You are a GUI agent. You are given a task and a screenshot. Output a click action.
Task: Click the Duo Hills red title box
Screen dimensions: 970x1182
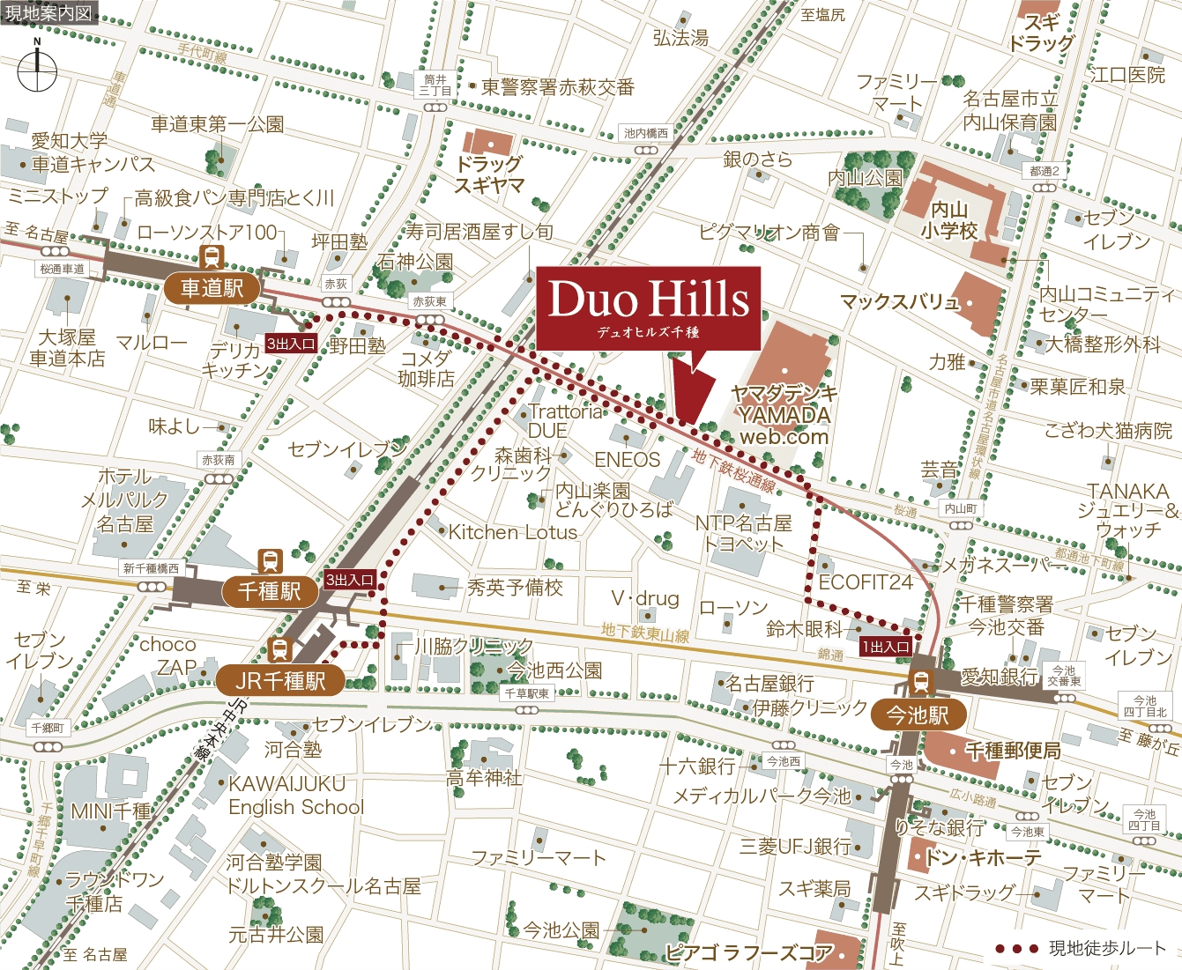pyautogui.click(x=648, y=307)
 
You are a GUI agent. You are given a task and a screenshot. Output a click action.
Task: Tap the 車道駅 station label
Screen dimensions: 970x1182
pyautogui.click(x=212, y=287)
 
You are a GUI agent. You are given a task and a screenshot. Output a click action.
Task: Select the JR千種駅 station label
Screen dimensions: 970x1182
pyautogui.click(x=280, y=680)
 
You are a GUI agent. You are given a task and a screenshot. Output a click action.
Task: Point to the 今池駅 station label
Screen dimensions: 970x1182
pyautogui.click(x=918, y=715)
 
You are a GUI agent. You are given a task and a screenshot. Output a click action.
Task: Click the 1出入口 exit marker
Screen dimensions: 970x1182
pyautogui.click(x=886, y=647)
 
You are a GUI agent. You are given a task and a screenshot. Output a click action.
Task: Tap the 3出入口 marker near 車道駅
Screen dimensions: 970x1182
pyautogui.click(x=291, y=344)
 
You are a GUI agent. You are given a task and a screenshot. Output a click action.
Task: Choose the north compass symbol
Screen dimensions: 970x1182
pyautogui.click(x=37, y=69)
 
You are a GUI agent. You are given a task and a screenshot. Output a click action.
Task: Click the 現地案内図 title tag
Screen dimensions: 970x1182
pyautogui.click(x=48, y=13)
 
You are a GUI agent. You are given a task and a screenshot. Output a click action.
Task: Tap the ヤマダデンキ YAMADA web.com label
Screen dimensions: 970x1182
pyautogui.click(x=784, y=414)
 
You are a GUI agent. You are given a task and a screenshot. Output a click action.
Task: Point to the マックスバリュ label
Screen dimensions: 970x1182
pyautogui.click(x=898, y=302)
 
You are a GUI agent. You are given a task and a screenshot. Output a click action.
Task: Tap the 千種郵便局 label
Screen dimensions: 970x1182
pyautogui.click(x=1013, y=751)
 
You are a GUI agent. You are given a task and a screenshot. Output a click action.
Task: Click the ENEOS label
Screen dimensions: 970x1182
pyautogui.click(x=627, y=459)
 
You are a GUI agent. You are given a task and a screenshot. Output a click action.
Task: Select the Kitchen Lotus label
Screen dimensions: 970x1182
pyautogui.click(x=512, y=532)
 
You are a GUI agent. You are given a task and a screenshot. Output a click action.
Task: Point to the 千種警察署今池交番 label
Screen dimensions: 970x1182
pyautogui.click(x=1006, y=615)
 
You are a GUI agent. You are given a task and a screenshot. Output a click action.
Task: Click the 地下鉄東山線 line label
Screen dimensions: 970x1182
pyautogui.click(x=645, y=633)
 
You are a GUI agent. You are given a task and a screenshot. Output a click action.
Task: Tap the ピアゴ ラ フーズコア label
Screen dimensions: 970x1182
pyautogui.click(x=749, y=952)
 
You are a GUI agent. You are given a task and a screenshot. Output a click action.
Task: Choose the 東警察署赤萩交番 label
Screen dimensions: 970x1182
pyautogui.click(x=558, y=87)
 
